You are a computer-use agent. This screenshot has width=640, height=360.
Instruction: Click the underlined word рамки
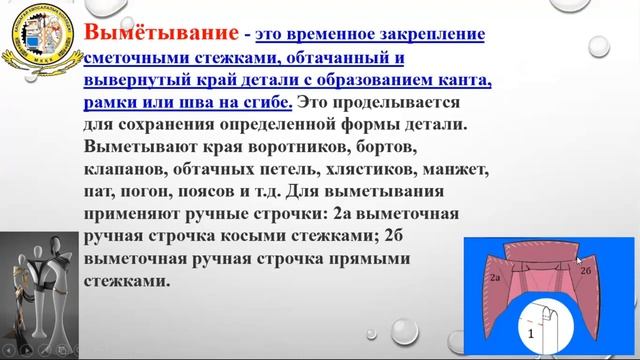coord(113,101)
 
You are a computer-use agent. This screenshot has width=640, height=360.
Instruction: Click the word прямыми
coord(369,258)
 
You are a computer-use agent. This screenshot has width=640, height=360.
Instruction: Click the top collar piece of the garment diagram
coord(542,253)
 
